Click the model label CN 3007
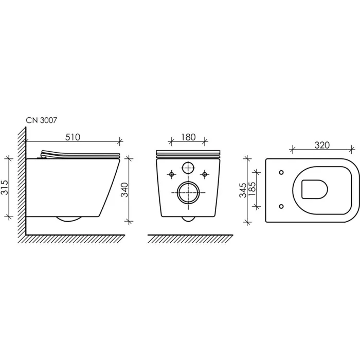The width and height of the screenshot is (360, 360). [41, 120]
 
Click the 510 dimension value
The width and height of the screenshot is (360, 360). [73, 137]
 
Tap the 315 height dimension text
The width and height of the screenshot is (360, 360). [5, 187]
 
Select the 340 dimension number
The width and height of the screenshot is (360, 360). [124, 190]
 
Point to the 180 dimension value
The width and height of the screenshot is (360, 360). [188, 137]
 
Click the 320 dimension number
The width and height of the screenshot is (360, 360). [322, 145]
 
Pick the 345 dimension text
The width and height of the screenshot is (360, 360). [243, 190]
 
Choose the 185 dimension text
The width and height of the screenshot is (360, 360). [252, 189]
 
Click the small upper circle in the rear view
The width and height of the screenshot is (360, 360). [188, 168]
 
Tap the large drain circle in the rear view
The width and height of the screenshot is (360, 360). [188, 193]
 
